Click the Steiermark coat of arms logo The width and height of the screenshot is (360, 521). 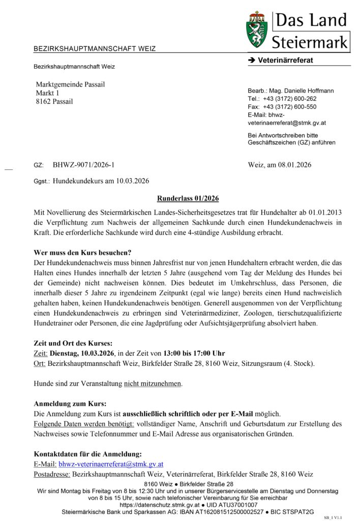[258, 30]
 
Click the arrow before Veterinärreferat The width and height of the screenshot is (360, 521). [251, 61]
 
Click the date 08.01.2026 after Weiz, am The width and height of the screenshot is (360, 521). [293, 165]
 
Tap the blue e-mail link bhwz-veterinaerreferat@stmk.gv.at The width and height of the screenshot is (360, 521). [111, 464]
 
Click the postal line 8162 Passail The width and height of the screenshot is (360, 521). [54, 101]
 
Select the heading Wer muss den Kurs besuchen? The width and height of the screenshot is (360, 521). [82, 252]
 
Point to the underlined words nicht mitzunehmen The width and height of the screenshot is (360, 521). [153, 384]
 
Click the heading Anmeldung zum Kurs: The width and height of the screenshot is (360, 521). [70, 404]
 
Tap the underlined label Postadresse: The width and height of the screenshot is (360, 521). [52, 474]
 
